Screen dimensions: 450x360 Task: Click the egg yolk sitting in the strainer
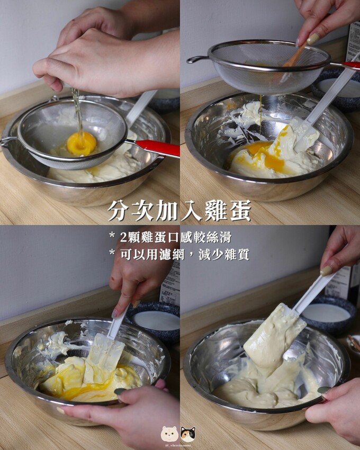pos(82,143)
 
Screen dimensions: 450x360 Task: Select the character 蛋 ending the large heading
pos(239,210)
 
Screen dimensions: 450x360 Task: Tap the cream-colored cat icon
pos(169,434)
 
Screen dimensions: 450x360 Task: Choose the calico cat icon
pos(188,434)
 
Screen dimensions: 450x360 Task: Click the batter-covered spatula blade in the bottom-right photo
pos(273,339)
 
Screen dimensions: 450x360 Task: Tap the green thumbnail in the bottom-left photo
pos(120,391)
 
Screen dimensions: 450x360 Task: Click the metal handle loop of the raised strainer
pos(197,59)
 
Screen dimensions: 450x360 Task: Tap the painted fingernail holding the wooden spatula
pos(313,39)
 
